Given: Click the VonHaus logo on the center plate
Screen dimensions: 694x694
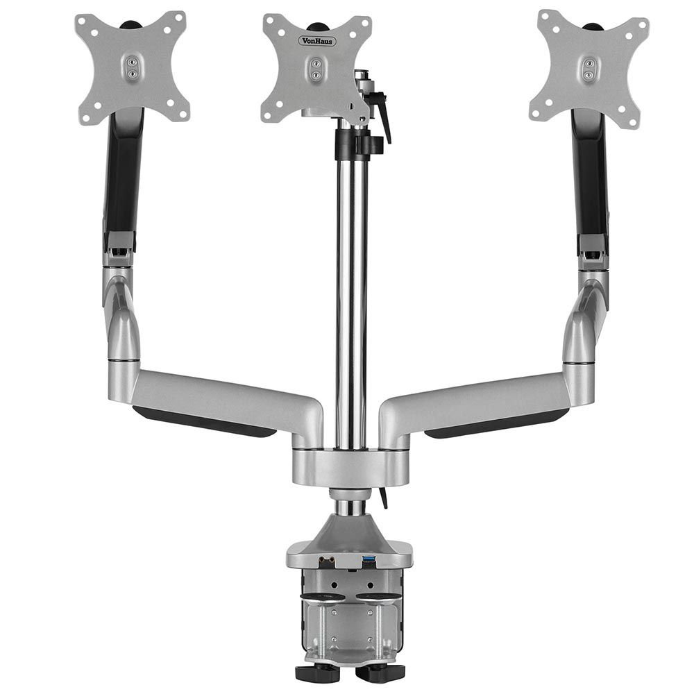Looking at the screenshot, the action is [318, 41].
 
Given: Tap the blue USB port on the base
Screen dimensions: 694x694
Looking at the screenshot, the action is [369, 561].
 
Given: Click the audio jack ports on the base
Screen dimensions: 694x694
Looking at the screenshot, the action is [327, 561].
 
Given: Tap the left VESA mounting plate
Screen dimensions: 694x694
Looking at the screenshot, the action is [133, 68].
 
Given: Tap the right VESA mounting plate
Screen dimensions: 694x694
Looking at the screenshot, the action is [589, 69].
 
